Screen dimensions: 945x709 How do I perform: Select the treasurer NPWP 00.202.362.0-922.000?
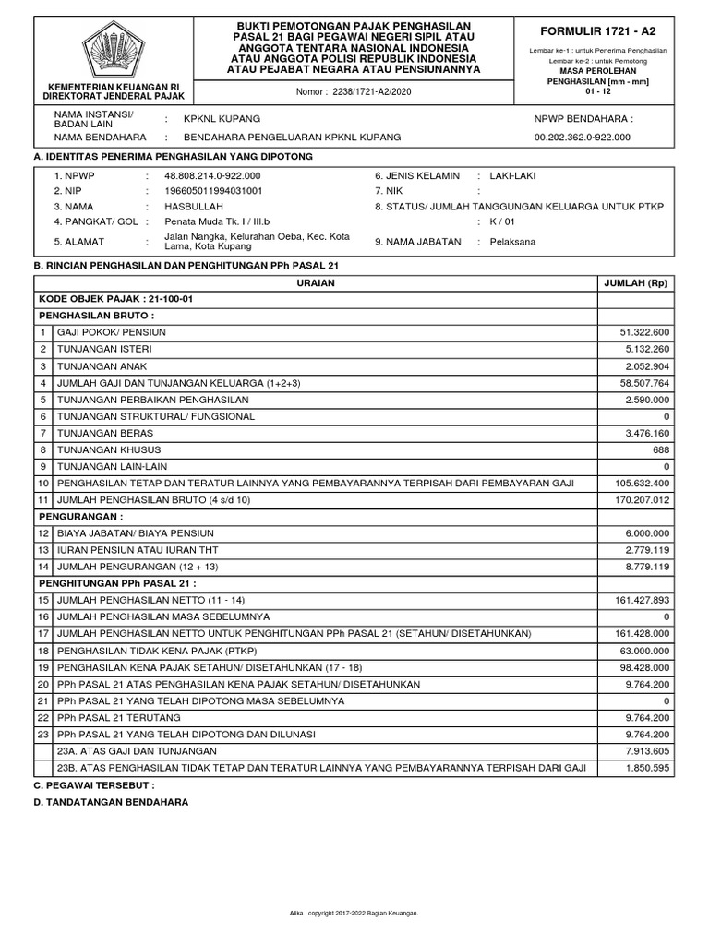(583, 137)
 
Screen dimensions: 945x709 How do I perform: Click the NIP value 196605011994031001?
(213, 191)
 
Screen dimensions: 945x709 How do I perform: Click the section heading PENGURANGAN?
(80, 517)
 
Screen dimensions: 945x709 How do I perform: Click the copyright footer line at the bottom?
(354, 913)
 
